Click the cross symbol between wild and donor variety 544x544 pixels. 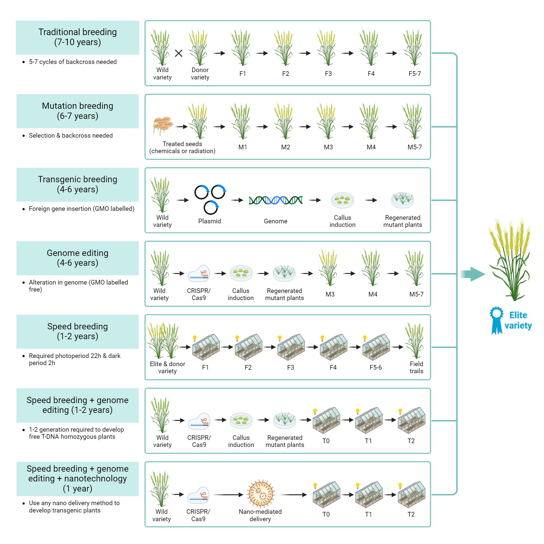pyautogui.click(x=178, y=53)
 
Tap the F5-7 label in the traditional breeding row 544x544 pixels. pyautogui.click(x=415, y=74)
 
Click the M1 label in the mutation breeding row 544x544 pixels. pyautogui.click(x=243, y=147)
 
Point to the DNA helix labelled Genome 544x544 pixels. pyautogui.click(x=275, y=200)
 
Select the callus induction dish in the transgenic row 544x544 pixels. pyautogui.click(x=342, y=200)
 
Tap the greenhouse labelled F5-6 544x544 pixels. pyautogui.click(x=376, y=347)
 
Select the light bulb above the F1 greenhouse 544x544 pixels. pyautogui.click(x=194, y=338)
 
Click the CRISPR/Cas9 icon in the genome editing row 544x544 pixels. pyautogui.click(x=199, y=273)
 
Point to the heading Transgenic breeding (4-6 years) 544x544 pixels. pyautogui.click(x=78, y=184)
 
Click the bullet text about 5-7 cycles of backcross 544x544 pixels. pyautogui.click(x=73, y=62)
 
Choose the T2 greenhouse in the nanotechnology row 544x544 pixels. pyautogui.click(x=411, y=495)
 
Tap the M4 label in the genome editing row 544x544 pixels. pyautogui.click(x=373, y=294)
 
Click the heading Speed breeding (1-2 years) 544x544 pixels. pyautogui.click(x=78, y=331)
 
